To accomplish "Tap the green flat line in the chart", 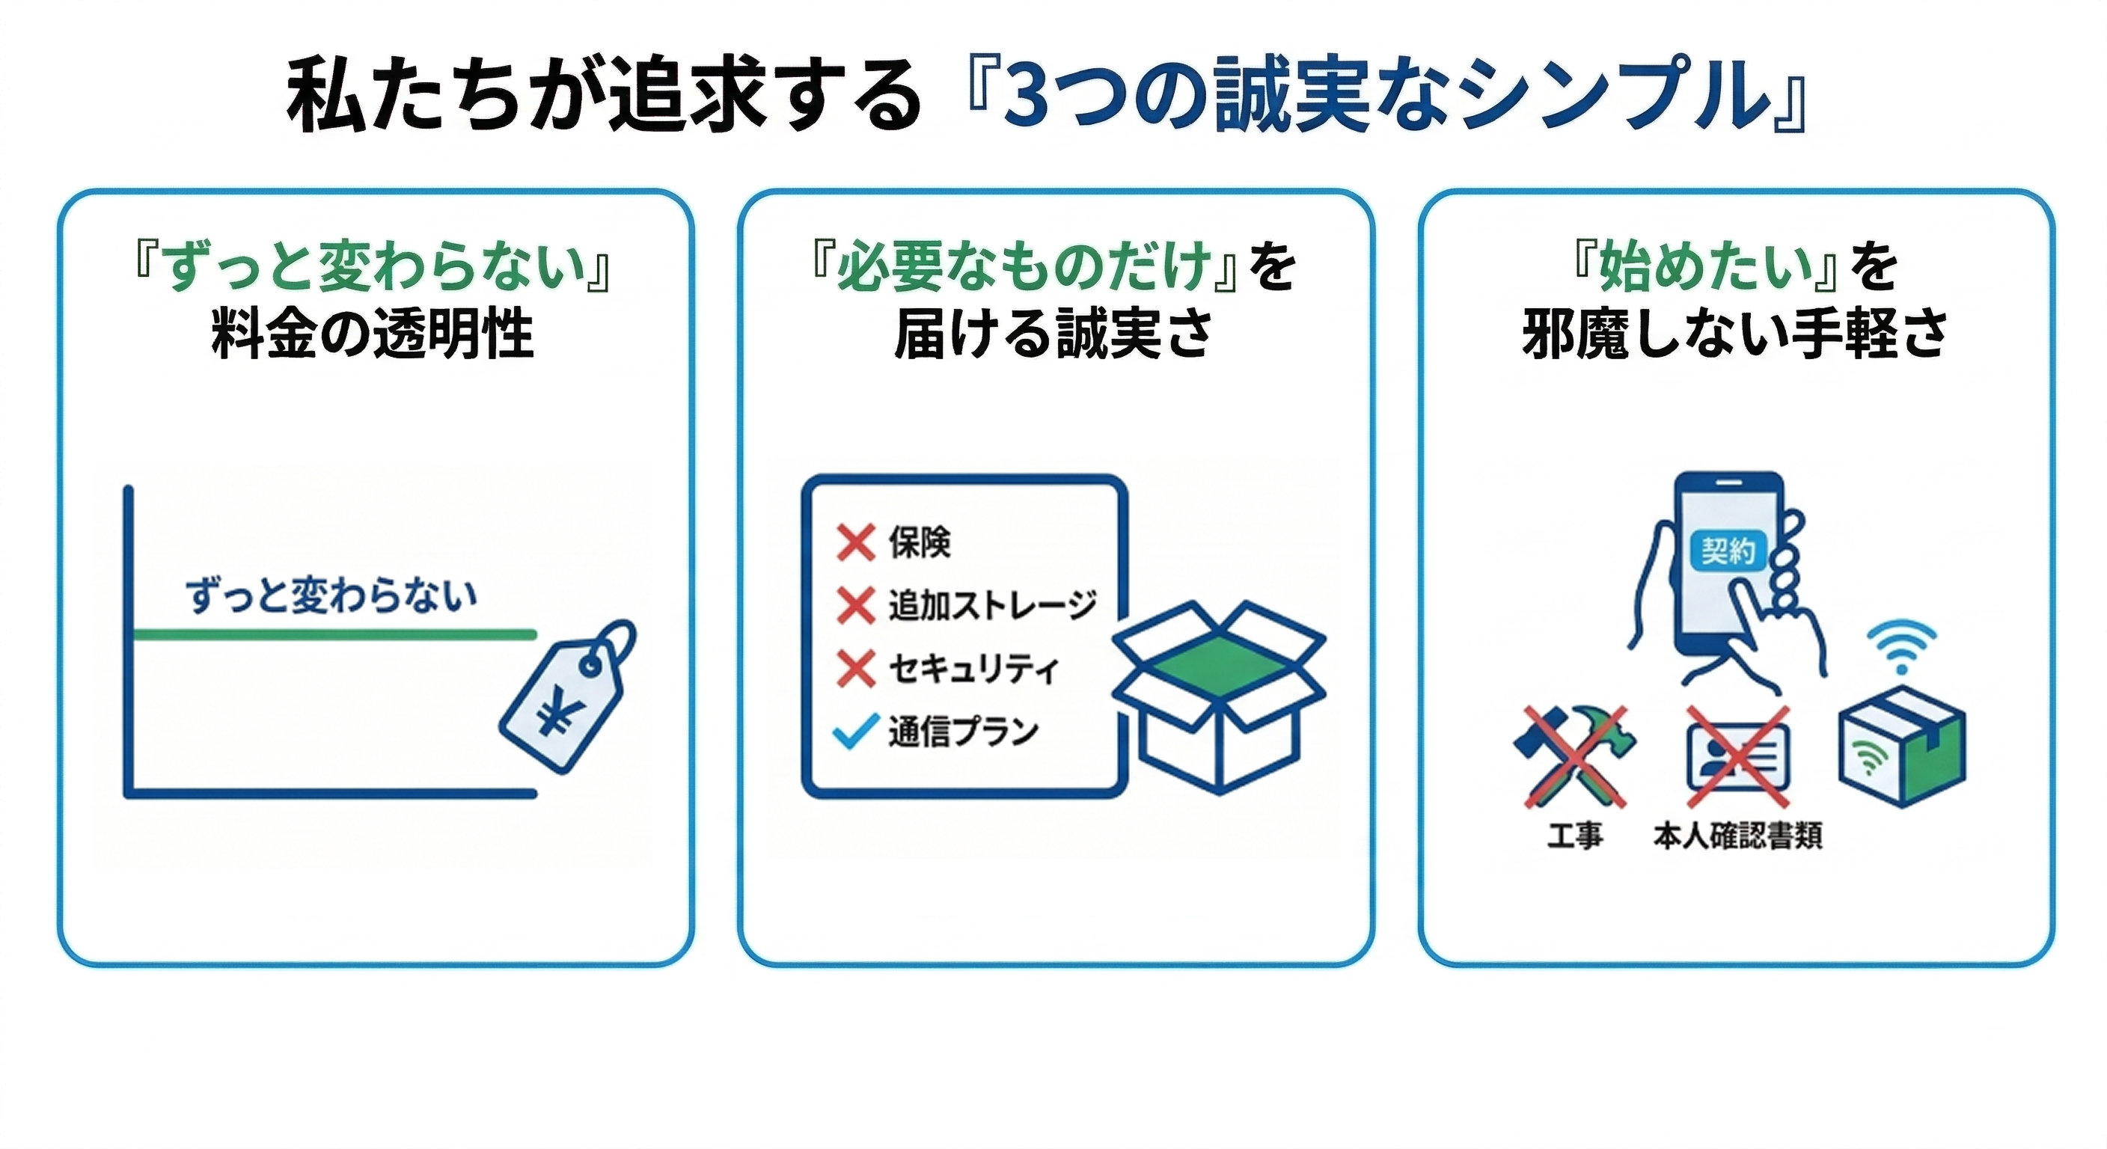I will pos(334,634).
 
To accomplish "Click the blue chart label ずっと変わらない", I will pos(331,595).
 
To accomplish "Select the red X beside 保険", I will pos(855,542).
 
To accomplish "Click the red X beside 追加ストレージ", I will pos(855,606).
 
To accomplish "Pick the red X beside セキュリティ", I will pos(855,669).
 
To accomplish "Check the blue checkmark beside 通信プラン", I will pos(855,731).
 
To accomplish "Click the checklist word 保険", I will pos(920,542).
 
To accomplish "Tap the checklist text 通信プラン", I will pos(964,731).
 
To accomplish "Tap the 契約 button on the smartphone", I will pos(1728,551).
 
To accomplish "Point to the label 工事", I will pos(1574,836).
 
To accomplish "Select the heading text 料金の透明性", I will pos(372,334).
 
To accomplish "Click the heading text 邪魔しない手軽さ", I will pos(1735,334).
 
